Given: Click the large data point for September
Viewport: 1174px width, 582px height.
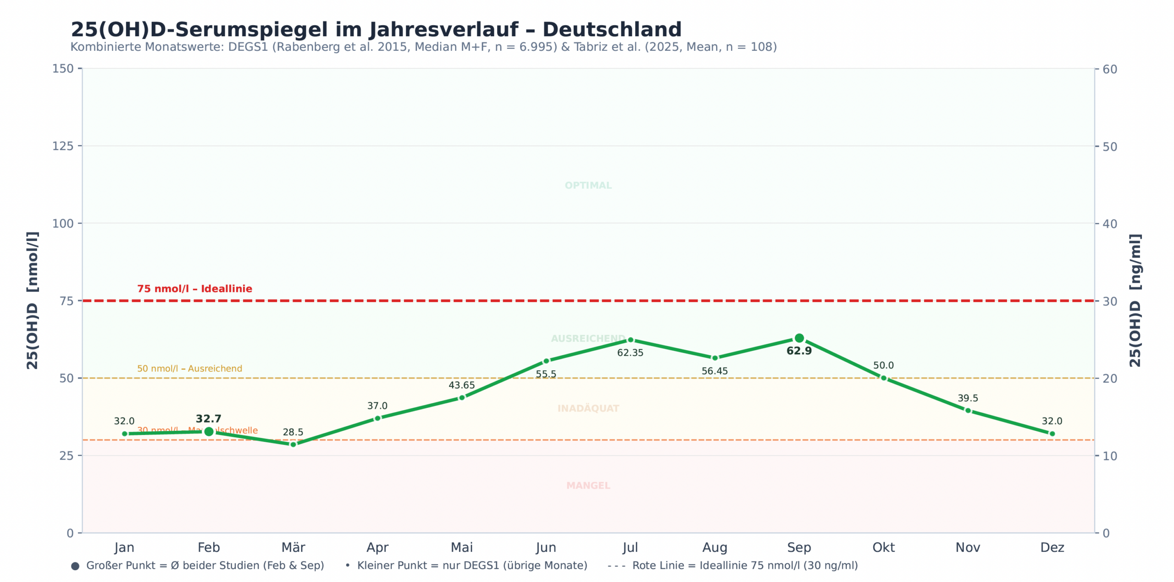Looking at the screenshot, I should coord(799,338).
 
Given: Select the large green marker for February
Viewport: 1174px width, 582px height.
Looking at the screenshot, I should coord(209,431).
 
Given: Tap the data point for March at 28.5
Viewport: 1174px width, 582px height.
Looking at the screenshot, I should coord(293,444).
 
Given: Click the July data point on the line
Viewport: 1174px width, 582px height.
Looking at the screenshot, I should coord(630,340).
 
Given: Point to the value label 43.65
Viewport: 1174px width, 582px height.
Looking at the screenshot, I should coord(461,385).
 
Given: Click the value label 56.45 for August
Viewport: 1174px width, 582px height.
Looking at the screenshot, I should coord(714,371).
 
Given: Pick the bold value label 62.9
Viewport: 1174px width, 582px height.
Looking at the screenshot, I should coord(799,351).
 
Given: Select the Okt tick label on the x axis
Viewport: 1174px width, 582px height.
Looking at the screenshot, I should coord(883,547).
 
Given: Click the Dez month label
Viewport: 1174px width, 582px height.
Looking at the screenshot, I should coord(1052,547).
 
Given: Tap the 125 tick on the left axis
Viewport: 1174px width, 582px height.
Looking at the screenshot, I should coord(63,146).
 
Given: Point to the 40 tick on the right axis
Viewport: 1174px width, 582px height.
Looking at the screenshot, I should coord(1110,224).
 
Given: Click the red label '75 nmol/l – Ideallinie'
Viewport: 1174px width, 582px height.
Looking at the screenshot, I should coord(194,289).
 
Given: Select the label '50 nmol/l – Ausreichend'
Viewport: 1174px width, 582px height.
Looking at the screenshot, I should coord(189,368).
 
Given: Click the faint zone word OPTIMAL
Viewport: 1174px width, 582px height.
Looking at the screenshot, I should coord(588,186).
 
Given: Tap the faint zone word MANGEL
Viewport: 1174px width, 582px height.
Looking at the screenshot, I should coord(588,486).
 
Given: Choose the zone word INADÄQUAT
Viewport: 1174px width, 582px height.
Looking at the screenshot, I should coord(588,408).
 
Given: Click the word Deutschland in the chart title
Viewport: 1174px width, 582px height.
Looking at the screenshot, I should coord(612,29).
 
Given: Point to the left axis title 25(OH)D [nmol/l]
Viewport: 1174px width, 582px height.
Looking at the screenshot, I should coord(32,300).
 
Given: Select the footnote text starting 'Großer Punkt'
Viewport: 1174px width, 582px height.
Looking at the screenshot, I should coord(205,566).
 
